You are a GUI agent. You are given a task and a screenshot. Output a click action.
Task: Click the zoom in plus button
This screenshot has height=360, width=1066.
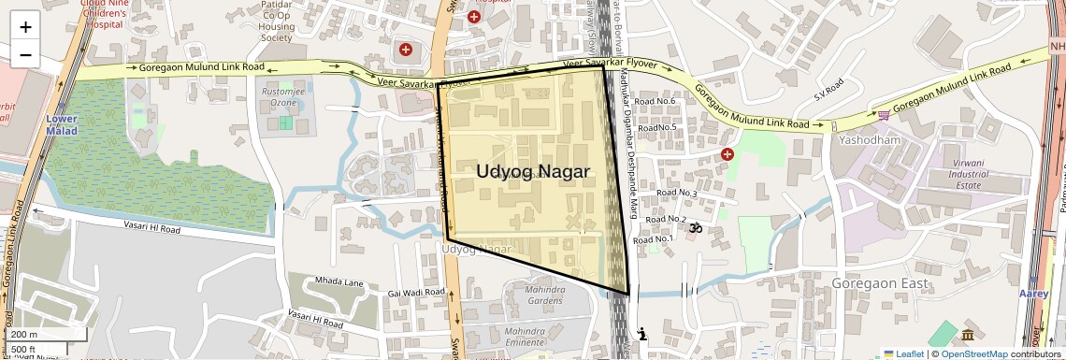tap(25, 27)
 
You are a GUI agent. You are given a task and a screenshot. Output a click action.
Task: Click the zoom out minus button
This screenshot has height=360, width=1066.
tap(25, 54)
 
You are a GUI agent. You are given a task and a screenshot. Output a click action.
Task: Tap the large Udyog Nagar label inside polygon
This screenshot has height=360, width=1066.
tap(533, 171)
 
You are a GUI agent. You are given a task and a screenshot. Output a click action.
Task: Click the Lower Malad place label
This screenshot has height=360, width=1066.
tap(62, 125)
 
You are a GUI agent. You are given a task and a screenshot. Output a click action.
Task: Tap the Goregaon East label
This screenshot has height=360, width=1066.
tap(878, 283)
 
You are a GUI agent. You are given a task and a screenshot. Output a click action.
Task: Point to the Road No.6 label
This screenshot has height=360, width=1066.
tap(655, 101)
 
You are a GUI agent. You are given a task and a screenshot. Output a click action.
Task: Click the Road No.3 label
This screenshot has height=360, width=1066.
tap(677, 194)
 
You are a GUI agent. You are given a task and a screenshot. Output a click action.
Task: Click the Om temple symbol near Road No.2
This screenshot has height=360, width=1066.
tap(695, 226)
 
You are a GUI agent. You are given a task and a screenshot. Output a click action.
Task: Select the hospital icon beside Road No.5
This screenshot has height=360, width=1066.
tap(727, 153)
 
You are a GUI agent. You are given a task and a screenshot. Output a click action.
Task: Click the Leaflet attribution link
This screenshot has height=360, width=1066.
tap(903, 353)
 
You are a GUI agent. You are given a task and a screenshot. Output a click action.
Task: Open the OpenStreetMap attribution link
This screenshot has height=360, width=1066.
tap(974, 353)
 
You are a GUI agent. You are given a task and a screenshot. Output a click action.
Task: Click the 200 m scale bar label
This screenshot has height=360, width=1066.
tap(24, 335)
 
